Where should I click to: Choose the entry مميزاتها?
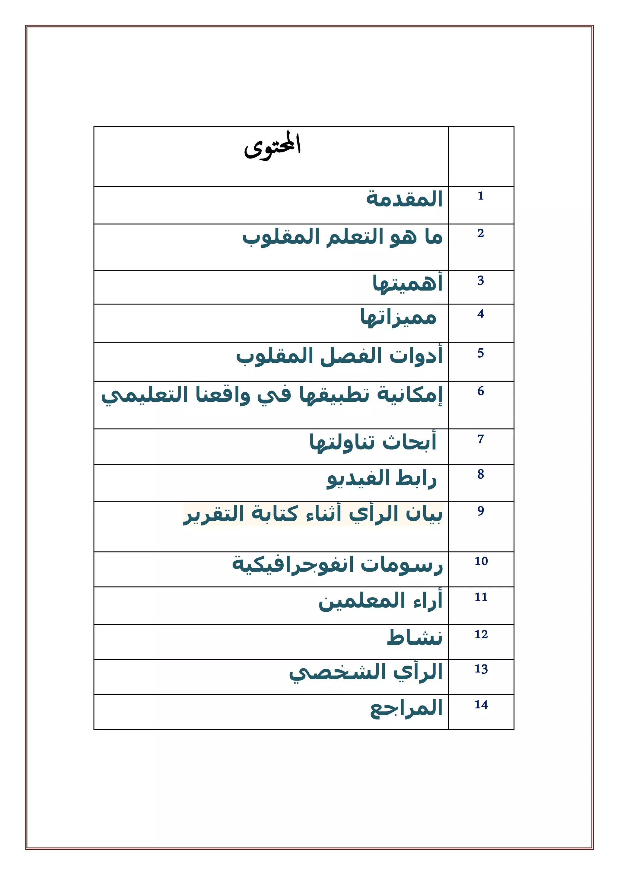tap(398, 317)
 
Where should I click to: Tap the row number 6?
tap(481, 391)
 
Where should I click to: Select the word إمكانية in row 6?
tap(409, 395)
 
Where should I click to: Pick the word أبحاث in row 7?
tap(409, 442)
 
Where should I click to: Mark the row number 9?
tap(481, 511)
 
